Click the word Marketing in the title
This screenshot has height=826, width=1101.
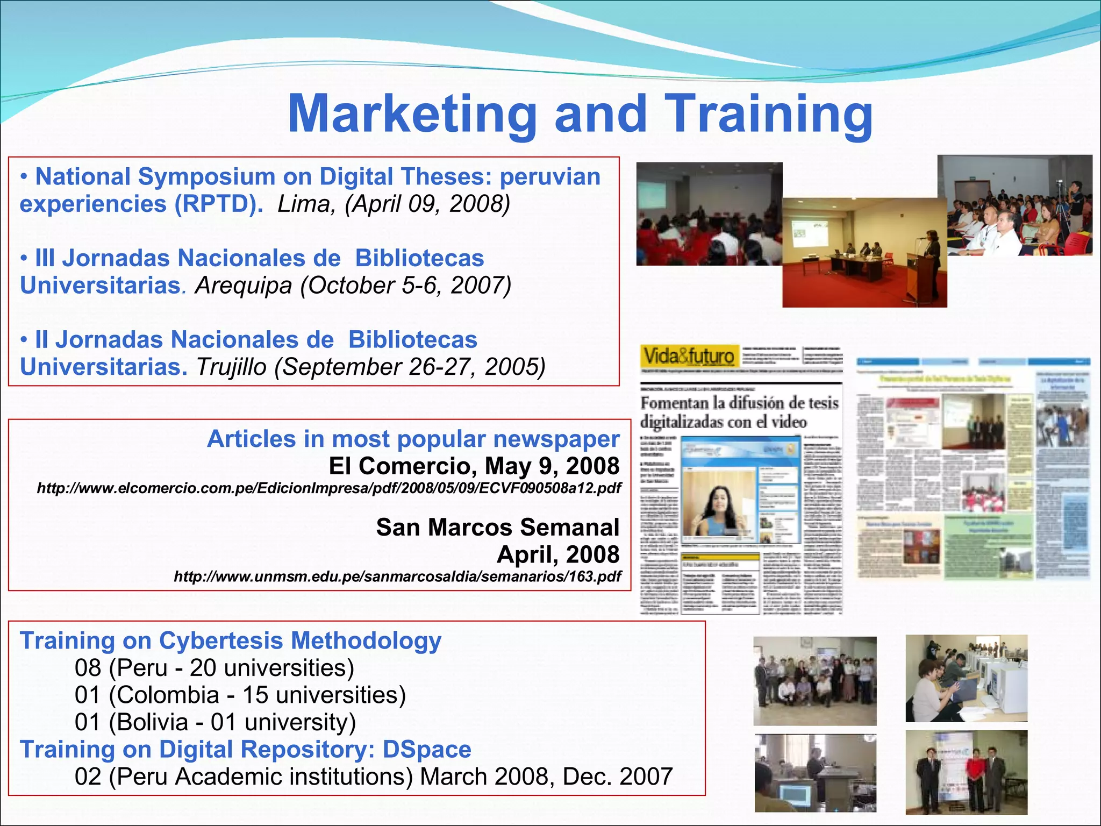[412, 114]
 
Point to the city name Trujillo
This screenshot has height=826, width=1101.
[231, 367]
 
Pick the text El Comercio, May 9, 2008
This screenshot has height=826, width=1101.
[474, 466]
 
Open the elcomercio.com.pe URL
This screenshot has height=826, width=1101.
[328, 488]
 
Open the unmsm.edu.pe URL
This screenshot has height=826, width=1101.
[397, 577]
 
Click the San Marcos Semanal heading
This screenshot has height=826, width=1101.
[497, 527]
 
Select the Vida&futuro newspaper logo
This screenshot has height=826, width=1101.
[689, 357]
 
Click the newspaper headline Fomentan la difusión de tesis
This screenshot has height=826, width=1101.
[739, 403]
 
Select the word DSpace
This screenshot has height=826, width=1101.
[427, 749]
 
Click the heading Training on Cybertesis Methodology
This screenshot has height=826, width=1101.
[230, 640]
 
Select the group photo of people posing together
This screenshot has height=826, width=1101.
[814, 681]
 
